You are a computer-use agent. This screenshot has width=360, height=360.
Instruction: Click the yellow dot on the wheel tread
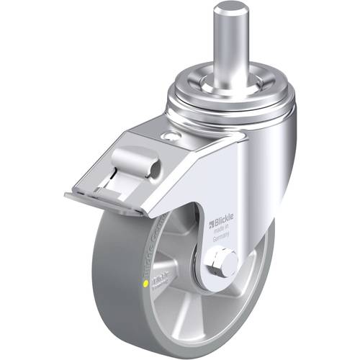click(149, 284)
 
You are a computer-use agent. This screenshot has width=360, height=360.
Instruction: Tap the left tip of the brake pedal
click(67, 195)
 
